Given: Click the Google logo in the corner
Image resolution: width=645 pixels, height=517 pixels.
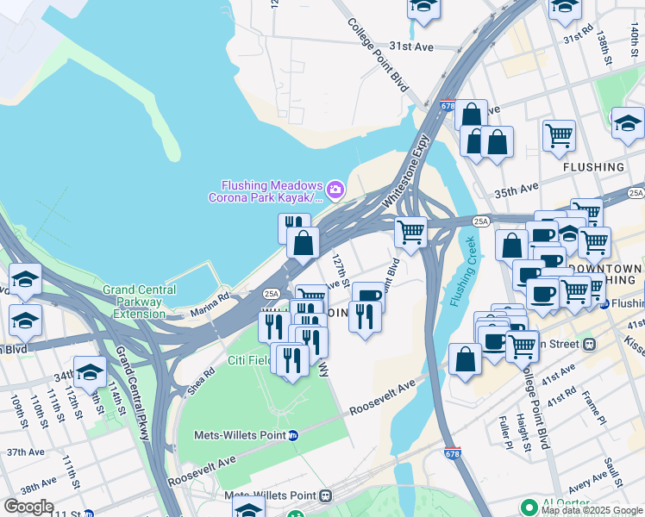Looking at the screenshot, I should tap(28, 507).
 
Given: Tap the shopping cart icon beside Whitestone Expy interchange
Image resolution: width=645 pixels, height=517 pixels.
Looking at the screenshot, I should tap(411, 233).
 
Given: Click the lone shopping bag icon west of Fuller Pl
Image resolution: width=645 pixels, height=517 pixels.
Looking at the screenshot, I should tap(465, 359).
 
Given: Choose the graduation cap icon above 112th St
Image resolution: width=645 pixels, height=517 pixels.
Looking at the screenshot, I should tap(90, 372).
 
